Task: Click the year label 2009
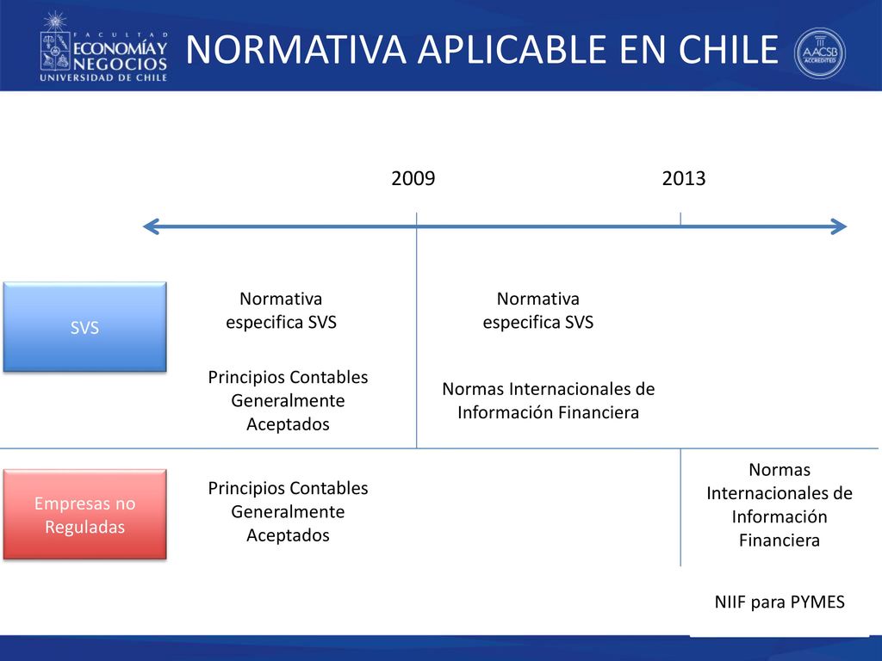click(x=413, y=178)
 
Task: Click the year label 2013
click(x=683, y=178)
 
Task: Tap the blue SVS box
click(x=85, y=326)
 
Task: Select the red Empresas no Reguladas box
click(x=85, y=515)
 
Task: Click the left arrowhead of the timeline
click(x=150, y=226)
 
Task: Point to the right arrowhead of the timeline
click(x=839, y=226)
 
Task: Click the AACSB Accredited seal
click(x=820, y=53)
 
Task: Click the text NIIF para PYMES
click(x=780, y=602)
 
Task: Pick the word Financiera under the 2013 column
click(x=780, y=541)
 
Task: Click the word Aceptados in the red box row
click(x=288, y=535)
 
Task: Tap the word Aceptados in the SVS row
click(x=288, y=423)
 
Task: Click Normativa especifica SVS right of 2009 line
click(x=538, y=310)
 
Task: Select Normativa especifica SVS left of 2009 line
click(x=282, y=310)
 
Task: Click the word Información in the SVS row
click(x=500, y=412)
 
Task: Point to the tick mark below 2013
click(x=680, y=219)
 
